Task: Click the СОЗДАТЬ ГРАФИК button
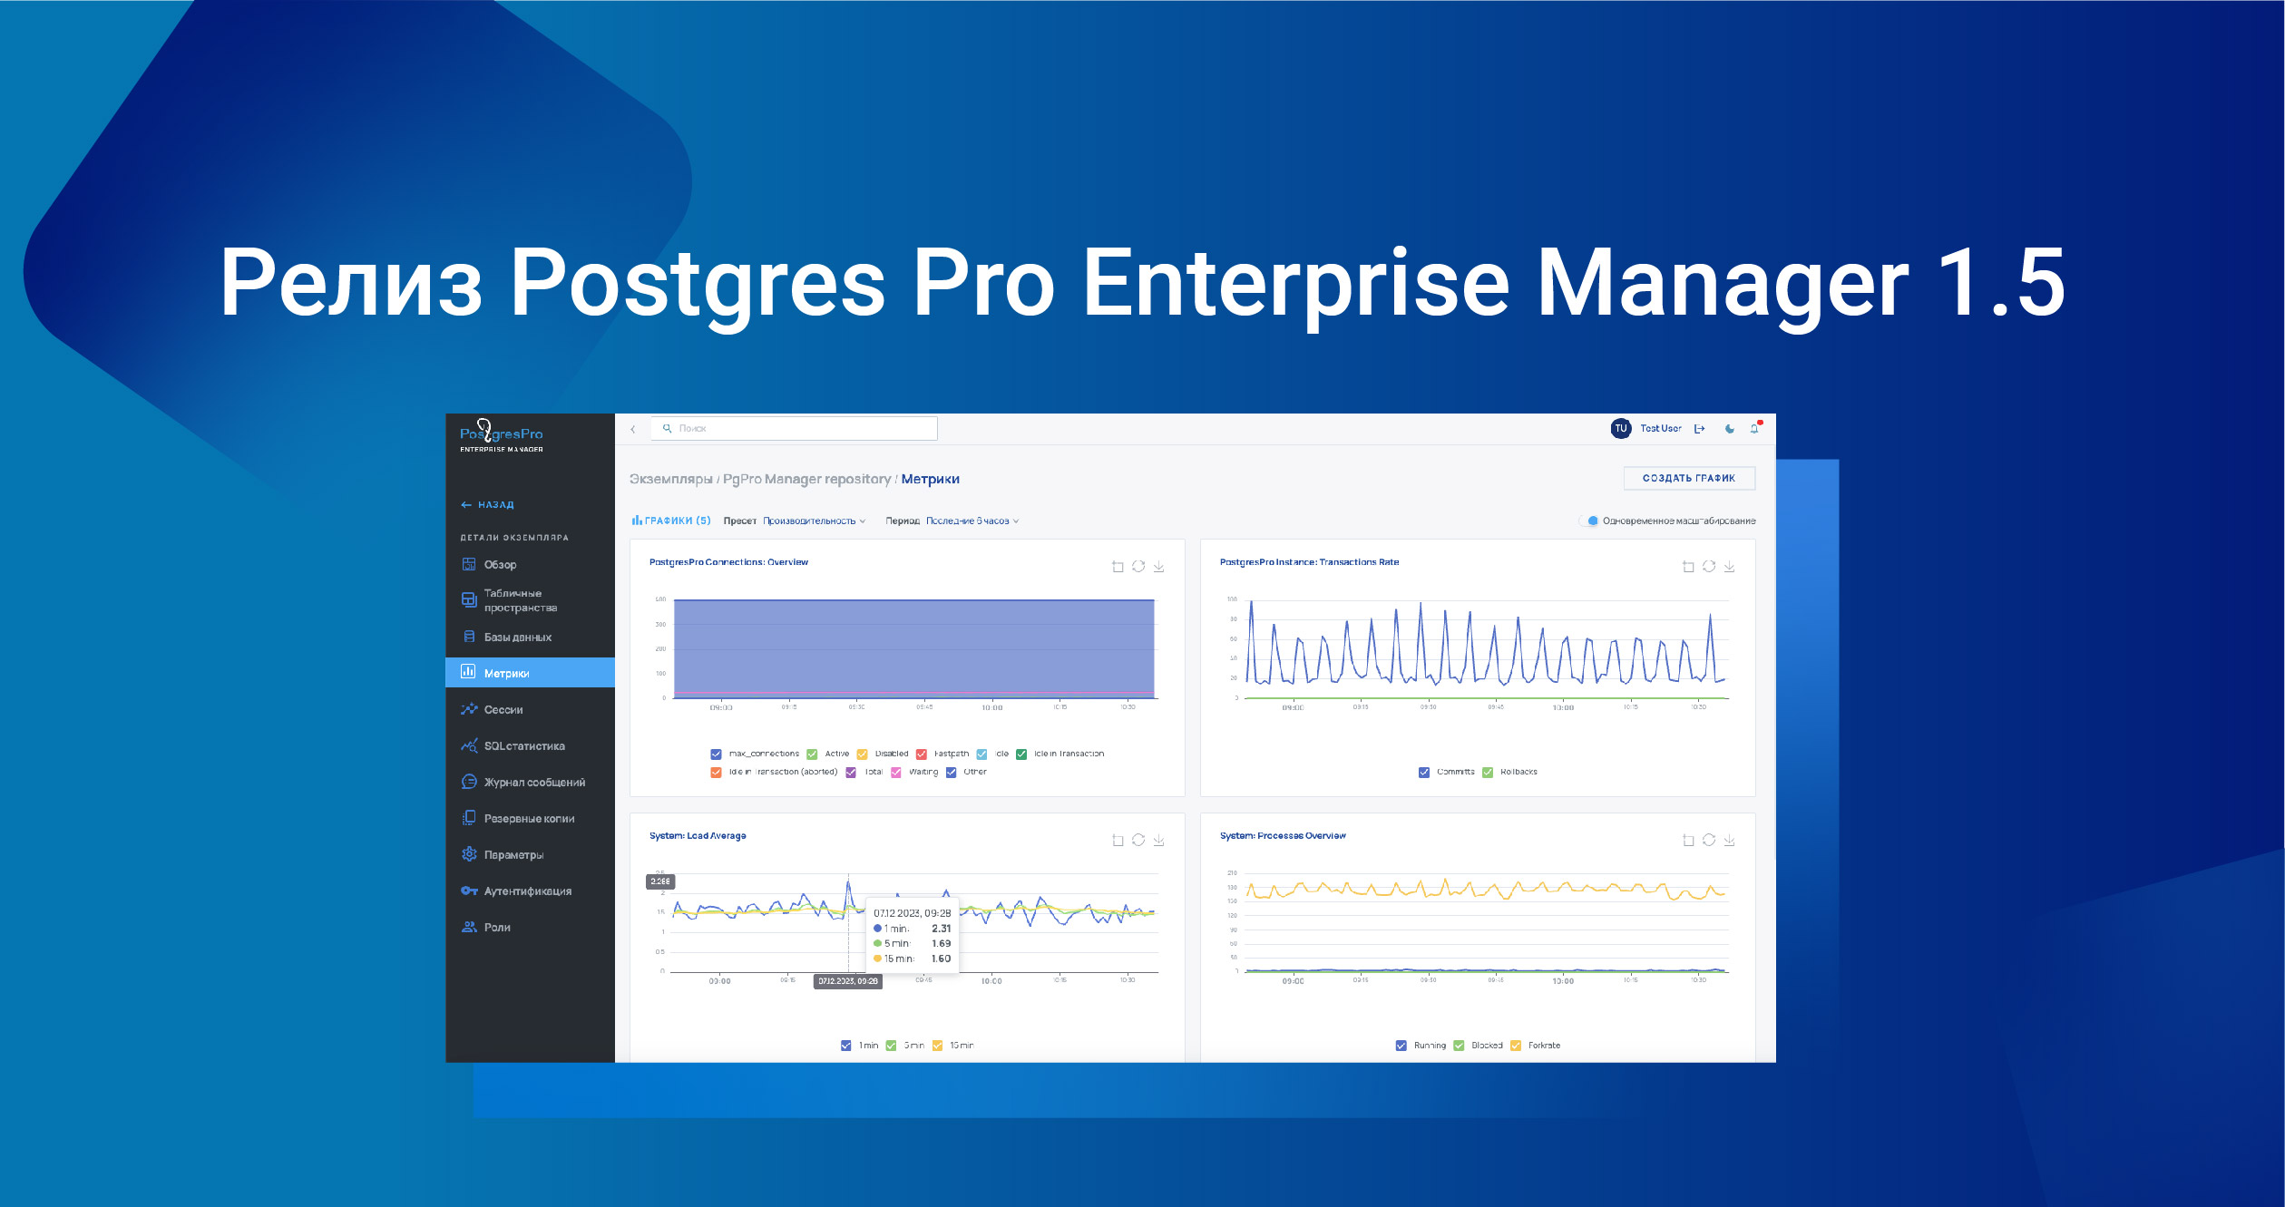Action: tap(1688, 478)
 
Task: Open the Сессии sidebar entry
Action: tap(503, 709)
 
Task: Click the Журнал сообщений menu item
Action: tap(533, 782)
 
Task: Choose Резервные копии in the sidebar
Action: tap(529, 818)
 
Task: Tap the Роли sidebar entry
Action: tap(497, 927)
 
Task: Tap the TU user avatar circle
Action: tap(1620, 428)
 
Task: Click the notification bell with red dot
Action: tap(1754, 428)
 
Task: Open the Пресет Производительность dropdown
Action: tap(814, 521)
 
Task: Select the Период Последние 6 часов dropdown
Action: tap(972, 521)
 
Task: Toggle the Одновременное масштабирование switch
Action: tap(1589, 521)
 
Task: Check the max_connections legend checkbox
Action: tap(717, 754)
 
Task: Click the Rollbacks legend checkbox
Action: tap(1488, 772)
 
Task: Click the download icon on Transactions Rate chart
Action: tap(1729, 567)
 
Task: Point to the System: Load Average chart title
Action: tap(698, 836)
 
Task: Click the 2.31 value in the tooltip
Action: tap(941, 929)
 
